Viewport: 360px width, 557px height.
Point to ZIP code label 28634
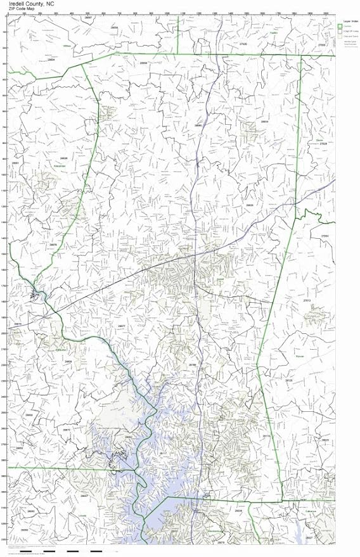[x=264, y=121]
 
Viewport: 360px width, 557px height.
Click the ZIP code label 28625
[x=250, y=205]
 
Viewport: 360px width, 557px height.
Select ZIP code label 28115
[x=266, y=436]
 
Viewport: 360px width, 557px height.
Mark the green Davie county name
[x=319, y=139]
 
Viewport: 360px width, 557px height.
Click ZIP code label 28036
[x=238, y=510]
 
